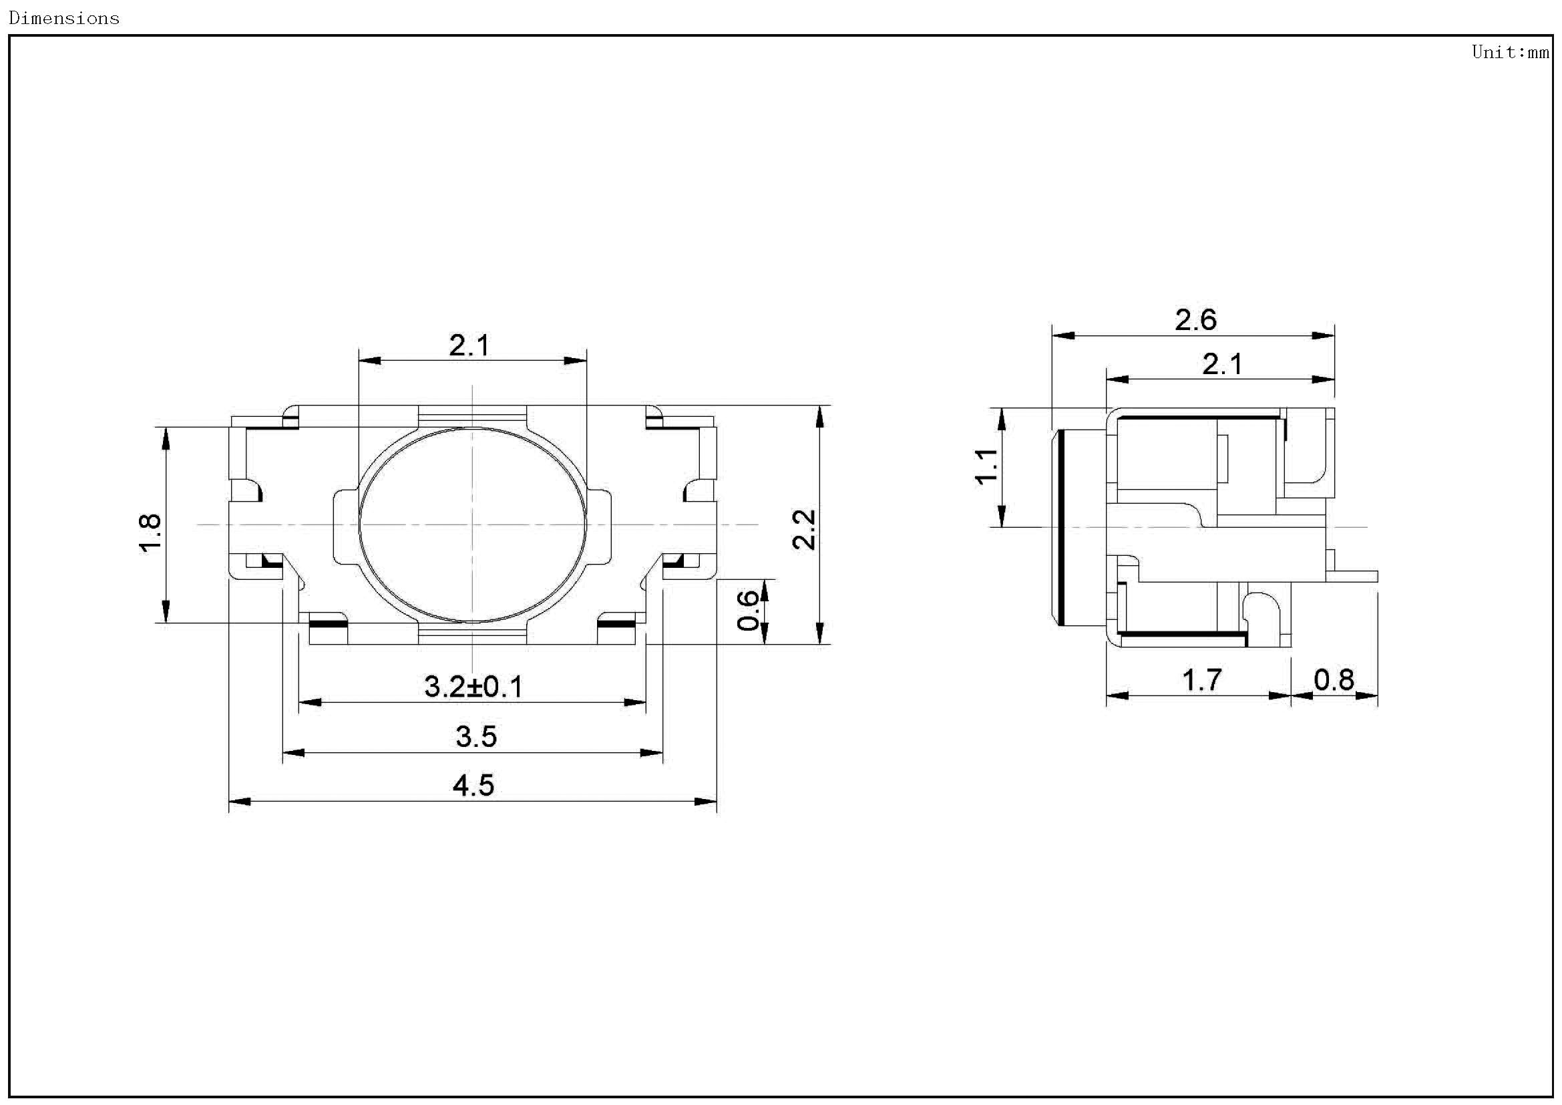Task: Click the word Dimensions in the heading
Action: coord(64,18)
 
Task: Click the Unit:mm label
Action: coord(1510,52)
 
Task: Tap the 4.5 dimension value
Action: coord(473,786)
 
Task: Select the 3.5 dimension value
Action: coord(476,737)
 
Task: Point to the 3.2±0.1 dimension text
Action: coord(473,687)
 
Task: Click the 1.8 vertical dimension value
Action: coord(150,533)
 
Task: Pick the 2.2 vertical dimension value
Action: coord(805,529)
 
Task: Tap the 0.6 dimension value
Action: coord(749,611)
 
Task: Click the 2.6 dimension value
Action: coord(1195,321)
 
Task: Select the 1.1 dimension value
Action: coord(987,466)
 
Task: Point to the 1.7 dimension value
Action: coord(1202,680)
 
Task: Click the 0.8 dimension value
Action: coord(1334,680)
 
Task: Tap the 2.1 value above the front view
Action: coord(469,346)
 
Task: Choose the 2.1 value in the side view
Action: coord(1223,365)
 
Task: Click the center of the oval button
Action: coord(472,524)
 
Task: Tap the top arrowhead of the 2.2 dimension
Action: coord(821,416)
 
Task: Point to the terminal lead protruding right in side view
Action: coord(1354,577)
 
